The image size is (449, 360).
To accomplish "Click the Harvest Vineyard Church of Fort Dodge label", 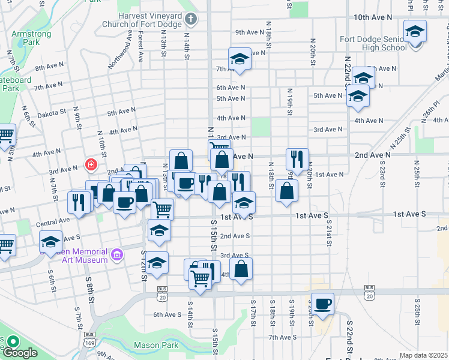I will click(x=143, y=20).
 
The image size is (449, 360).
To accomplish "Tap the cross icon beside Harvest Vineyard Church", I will click(x=191, y=19).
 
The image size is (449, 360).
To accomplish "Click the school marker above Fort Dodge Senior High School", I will click(x=415, y=31).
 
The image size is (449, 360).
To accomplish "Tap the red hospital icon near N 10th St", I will click(x=91, y=163).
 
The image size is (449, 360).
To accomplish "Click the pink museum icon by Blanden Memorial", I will click(x=117, y=255).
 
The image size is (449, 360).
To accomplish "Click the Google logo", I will click(x=19, y=353).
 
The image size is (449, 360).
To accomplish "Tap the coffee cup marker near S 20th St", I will click(x=322, y=304).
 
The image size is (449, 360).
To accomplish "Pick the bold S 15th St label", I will click(x=214, y=235).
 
